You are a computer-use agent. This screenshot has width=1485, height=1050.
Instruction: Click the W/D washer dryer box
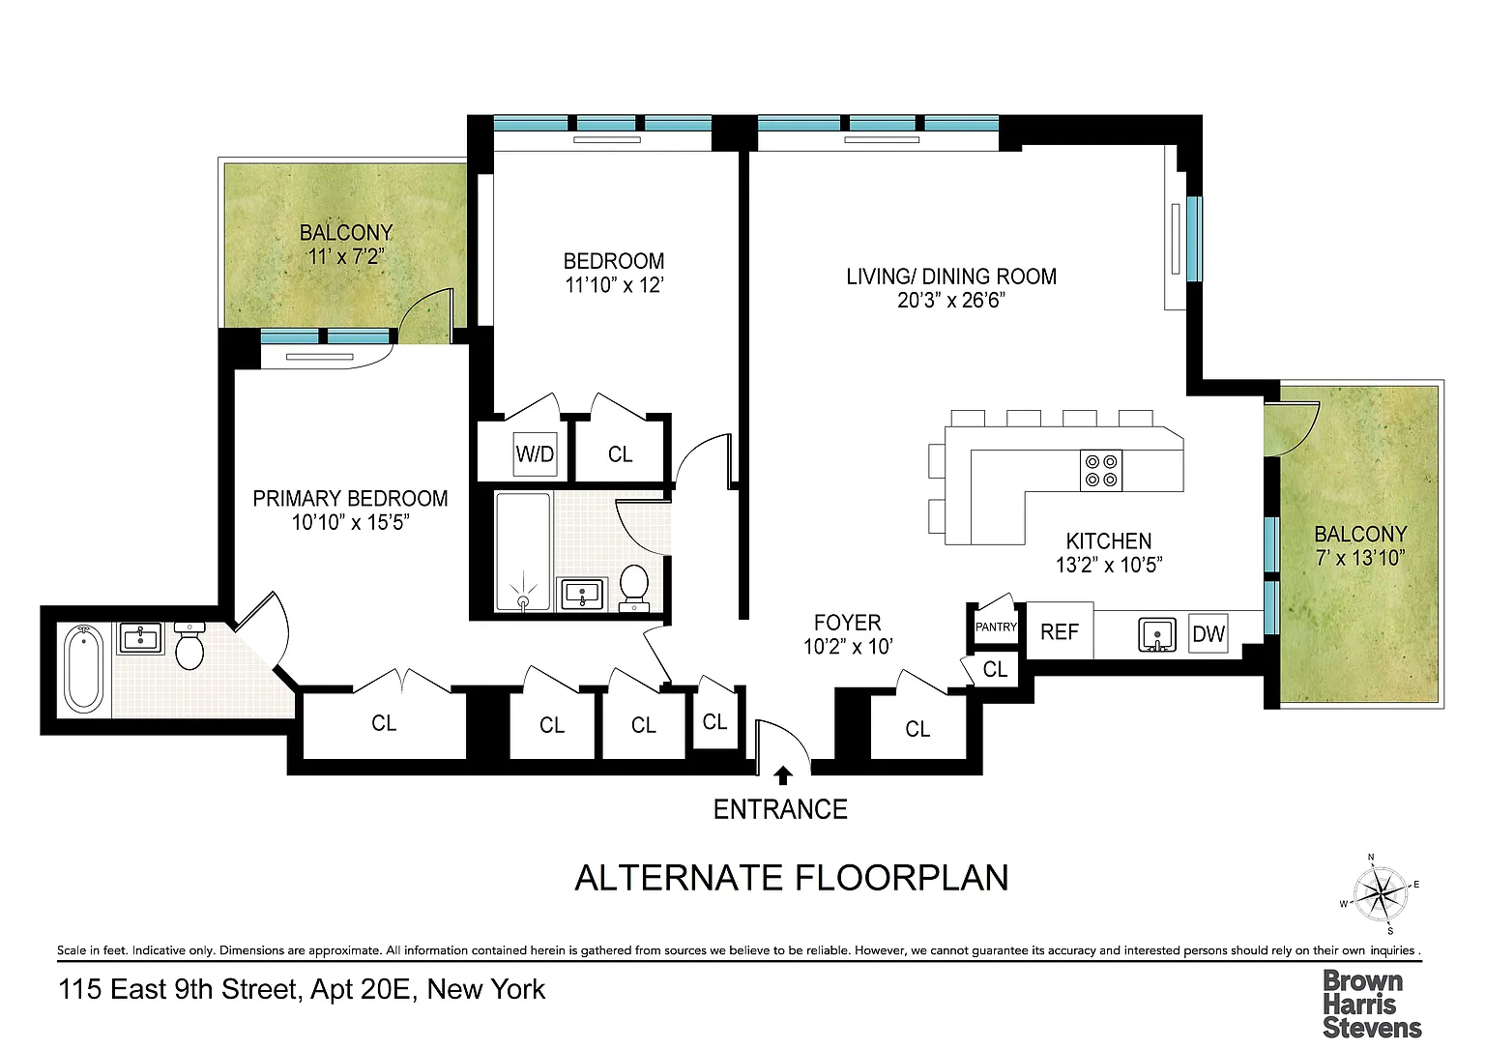pos(535,454)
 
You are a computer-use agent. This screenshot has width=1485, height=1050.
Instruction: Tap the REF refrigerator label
pos(1060,632)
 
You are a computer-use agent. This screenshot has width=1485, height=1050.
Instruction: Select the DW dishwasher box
pos(1208,633)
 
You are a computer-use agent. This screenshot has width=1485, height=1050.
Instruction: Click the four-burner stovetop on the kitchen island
pos(1101,471)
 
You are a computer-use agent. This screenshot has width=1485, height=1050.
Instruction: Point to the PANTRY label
pos(996,627)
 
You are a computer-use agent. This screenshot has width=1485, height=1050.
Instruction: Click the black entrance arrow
pos(783,775)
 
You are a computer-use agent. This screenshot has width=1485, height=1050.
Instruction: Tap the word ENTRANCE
pos(780,810)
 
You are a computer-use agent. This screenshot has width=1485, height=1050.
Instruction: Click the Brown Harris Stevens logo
pos(1372,1005)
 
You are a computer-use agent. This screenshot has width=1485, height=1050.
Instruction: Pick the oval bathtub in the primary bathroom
pos(83,669)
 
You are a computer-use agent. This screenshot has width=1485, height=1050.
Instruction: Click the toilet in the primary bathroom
pos(189,646)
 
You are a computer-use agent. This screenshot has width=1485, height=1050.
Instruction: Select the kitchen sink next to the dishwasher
pos(1157,635)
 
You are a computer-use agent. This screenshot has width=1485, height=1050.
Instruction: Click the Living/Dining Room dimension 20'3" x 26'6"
pos(951,301)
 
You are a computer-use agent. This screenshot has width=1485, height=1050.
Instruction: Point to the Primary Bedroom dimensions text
pos(351,522)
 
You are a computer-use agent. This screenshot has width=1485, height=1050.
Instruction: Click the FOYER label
pos(848,623)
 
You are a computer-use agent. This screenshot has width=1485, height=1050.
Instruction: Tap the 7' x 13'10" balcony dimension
pos(1360,558)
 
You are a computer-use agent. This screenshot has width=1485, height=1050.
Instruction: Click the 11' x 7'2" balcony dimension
pos(345,256)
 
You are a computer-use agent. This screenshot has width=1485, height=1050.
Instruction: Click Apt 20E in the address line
pos(361,990)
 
